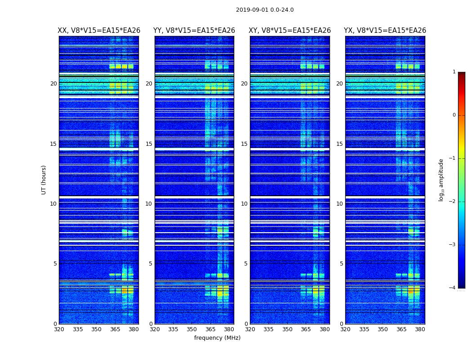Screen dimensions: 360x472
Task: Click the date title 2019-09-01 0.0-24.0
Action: point(265,10)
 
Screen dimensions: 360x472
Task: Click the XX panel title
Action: point(99,31)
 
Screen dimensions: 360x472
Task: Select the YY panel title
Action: point(194,31)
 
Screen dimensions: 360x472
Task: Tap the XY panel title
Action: point(289,31)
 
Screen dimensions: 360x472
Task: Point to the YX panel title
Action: point(385,31)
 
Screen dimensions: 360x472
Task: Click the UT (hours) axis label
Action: point(44,180)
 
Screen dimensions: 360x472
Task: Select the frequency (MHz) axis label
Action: point(217,338)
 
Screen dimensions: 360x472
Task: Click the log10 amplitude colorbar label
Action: point(441,180)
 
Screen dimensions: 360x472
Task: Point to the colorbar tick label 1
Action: point(454,72)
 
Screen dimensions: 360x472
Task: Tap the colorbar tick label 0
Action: point(454,115)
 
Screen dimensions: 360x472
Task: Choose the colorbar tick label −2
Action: point(453,202)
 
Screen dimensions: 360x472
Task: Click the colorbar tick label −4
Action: point(453,288)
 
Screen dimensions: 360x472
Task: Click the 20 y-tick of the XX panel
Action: point(53,84)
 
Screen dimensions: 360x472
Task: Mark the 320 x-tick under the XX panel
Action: point(59,329)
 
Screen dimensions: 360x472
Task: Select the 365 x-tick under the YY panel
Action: point(210,329)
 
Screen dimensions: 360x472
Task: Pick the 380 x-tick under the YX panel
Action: point(420,329)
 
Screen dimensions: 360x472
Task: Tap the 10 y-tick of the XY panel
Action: point(245,204)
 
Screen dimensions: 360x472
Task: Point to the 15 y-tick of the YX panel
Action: point(340,144)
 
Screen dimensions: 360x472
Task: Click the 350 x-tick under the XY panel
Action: point(287,329)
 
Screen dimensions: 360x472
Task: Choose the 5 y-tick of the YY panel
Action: point(151,264)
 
